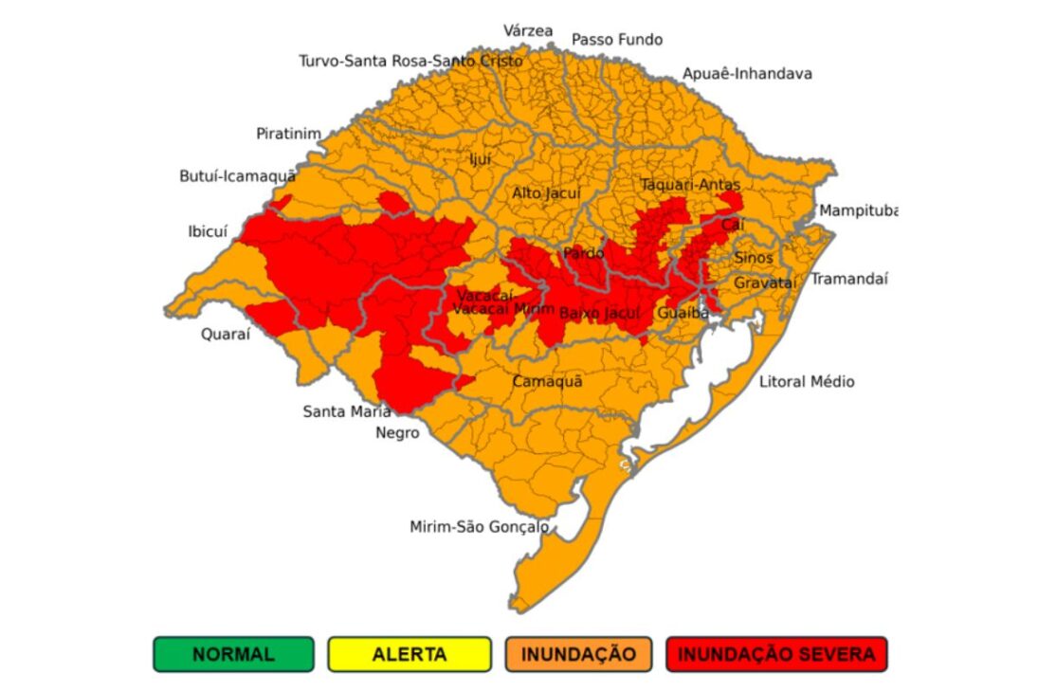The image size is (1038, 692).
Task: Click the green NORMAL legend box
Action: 232,654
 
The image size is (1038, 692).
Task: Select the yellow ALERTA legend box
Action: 410,654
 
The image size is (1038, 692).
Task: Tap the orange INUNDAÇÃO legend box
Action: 578,654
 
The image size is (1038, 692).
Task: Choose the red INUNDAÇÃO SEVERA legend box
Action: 776,654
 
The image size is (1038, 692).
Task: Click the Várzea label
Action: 528,30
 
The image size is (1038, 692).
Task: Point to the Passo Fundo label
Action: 616,40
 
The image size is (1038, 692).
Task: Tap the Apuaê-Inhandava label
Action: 747,73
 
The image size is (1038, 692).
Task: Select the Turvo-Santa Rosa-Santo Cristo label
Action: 410,61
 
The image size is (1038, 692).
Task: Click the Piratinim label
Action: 288,134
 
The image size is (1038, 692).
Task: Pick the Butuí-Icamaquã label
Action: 237,176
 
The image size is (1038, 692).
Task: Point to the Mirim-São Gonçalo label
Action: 479,526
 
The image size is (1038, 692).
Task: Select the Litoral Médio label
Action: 806,381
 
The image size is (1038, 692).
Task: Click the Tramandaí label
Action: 848,279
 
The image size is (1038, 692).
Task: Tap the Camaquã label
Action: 547,381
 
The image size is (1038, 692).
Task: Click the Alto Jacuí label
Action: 546,192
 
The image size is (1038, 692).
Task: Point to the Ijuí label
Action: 481,159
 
